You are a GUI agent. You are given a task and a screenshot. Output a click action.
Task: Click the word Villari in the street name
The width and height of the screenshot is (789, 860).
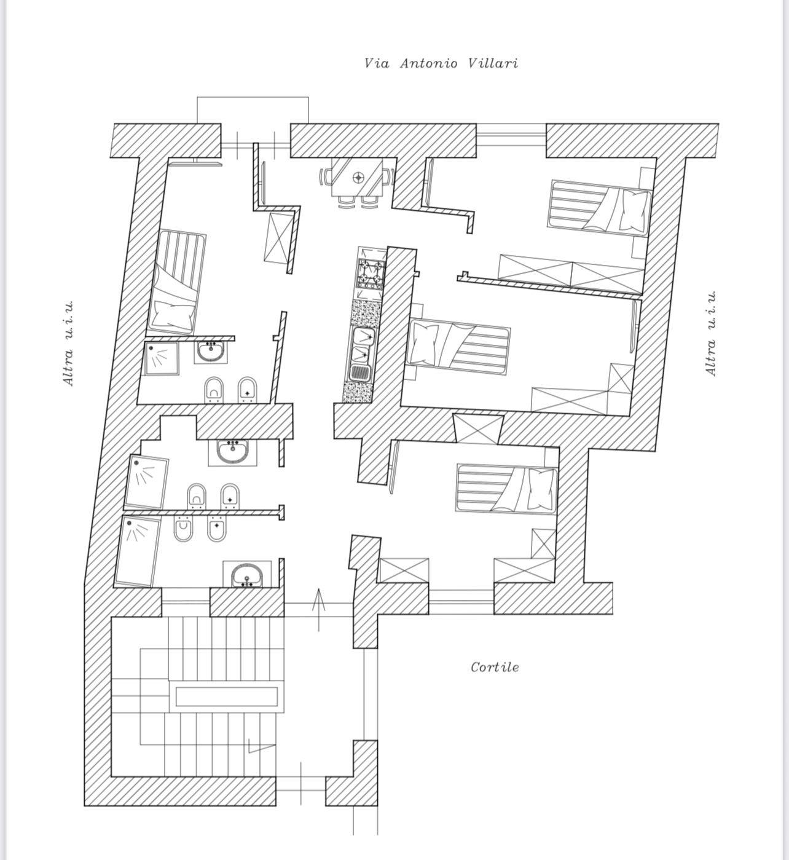(493, 63)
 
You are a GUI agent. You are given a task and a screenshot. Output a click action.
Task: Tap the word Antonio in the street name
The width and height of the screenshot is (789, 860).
(428, 63)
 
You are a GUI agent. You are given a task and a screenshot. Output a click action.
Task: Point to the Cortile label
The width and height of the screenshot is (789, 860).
(495, 667)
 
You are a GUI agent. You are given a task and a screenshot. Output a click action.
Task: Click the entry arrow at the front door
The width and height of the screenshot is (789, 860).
(318, 609)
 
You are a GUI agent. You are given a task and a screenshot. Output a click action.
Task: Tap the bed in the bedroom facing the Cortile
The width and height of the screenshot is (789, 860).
(506, 488)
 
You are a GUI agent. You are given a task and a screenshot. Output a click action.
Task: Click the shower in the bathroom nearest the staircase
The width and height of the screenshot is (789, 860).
(138, 551)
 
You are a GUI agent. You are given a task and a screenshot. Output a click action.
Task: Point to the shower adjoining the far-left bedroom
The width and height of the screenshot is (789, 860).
(162, 358)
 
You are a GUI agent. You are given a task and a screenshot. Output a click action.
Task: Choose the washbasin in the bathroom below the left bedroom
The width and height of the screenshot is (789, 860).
(211, 352)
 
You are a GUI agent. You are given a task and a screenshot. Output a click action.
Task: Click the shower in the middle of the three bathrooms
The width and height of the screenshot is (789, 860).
(147, 481)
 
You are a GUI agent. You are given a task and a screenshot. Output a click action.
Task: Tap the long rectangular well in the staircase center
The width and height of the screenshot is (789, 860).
(226, 696)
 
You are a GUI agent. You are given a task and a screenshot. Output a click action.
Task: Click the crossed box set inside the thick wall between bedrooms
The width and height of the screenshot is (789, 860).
(477, 428)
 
